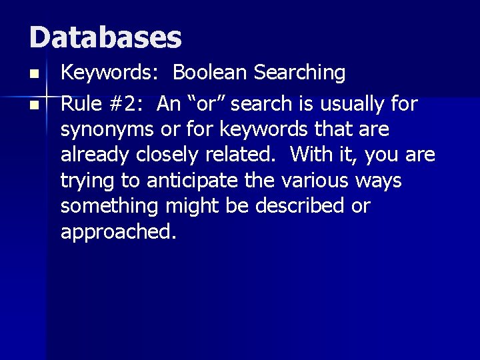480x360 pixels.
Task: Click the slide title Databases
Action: point(105,37)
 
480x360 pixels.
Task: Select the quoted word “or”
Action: point(203,105)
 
